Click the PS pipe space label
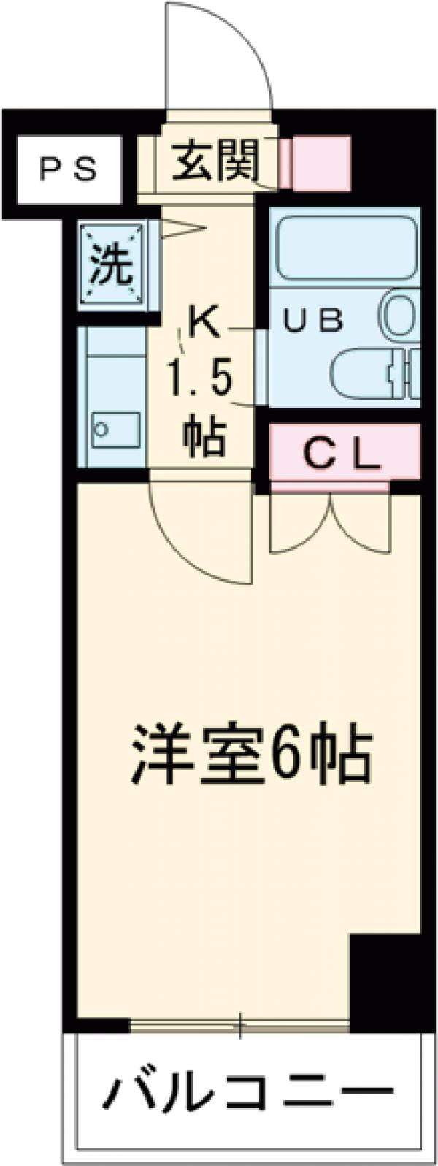[x=67, y=171]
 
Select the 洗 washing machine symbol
[x=112, y=267]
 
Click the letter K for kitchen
[x=204, y=322]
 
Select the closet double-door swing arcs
[x=331, y=522]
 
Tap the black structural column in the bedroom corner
[x=385, y=979]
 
